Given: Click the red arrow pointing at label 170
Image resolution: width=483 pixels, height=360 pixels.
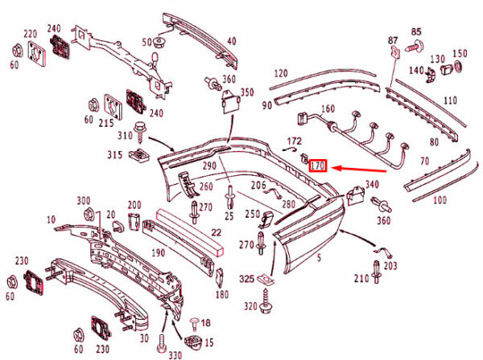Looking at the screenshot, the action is (x=360, y=169).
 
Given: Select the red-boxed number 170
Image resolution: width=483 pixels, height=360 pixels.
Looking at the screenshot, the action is (x=318, y=166).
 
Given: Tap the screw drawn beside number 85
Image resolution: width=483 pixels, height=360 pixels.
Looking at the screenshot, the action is (x=415, y=47).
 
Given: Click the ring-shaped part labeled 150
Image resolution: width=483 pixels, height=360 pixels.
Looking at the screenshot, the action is (x=458, y=67).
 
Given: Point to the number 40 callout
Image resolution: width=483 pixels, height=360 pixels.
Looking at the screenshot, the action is (x=231, y=41).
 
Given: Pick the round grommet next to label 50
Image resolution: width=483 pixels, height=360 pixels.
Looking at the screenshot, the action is (x=159, y=43).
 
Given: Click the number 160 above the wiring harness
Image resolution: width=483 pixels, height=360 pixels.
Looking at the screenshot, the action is (x=328, y=108).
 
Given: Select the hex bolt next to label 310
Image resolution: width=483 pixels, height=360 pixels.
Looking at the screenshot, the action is (x=140, y=133).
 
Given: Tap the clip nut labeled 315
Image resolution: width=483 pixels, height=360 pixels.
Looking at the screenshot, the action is (x=139, y=155).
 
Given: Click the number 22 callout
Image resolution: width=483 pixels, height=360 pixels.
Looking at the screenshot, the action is (x=216, y=232).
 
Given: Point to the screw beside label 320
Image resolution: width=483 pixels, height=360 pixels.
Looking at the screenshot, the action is (x=265, y=301).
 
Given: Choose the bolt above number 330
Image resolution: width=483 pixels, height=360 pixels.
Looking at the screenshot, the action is (x=162, y=343).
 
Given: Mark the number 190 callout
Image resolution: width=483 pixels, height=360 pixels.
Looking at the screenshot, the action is (x=158, y=253).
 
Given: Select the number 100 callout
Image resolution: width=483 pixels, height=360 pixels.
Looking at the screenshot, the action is (x=440, y=200).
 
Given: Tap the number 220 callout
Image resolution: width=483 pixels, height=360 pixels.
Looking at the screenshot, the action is (x=31, y=34).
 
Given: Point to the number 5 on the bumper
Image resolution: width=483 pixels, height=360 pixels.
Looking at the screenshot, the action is (x=319, y=258).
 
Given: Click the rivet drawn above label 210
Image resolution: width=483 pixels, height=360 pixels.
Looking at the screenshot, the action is (x=376, y=272).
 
